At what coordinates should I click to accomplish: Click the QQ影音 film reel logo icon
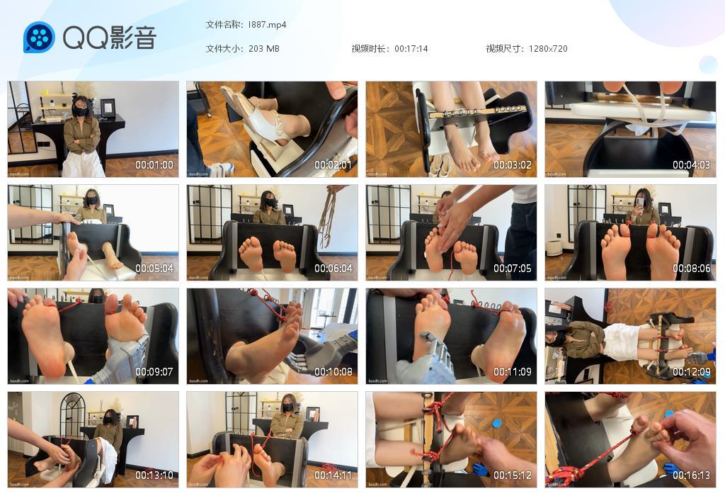39,37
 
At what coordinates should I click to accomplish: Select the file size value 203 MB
264,49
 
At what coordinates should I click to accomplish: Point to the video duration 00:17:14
411,49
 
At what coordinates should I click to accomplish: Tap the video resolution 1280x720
547,49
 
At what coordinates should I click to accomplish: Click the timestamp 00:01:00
154,165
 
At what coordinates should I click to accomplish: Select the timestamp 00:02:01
333,165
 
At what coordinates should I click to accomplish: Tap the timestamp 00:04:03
691,165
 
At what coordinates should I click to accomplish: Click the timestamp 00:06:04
333,269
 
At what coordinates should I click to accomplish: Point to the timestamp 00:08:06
691,269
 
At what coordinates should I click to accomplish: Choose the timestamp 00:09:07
154,372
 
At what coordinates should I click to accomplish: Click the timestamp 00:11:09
512,372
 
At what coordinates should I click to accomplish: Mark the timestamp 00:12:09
691,372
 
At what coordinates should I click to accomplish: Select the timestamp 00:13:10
154,475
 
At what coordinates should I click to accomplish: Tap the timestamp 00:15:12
512,475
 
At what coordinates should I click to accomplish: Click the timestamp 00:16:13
691,475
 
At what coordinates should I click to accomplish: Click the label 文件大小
224,49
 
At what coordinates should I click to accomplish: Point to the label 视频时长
370,49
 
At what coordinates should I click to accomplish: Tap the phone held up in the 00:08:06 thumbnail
637,202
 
